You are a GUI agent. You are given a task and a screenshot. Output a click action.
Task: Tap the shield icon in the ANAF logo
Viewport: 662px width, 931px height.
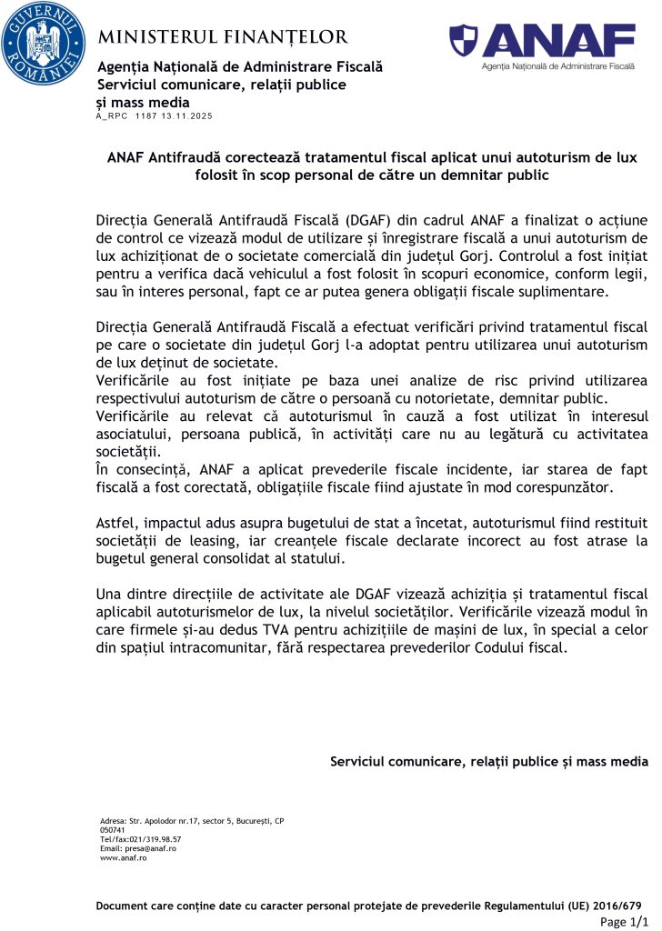(x=464, y=40)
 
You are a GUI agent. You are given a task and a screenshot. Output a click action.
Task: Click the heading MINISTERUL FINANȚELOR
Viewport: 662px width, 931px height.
(x=223, y=37)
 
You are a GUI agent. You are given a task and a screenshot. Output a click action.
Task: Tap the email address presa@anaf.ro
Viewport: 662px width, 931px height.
(x=149, y=847)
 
